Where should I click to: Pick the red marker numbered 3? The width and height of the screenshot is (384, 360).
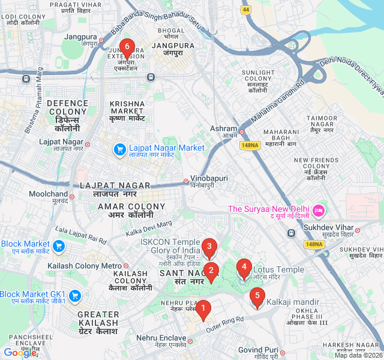[209, 247]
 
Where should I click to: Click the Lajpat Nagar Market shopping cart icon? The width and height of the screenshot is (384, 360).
[119, 148]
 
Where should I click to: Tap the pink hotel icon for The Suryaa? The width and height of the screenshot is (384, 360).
[319, 210]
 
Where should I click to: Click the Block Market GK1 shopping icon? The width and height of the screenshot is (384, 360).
[75, 295]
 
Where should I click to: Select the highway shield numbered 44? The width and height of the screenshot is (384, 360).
[247, 10]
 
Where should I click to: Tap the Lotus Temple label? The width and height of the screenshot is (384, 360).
[278, 270]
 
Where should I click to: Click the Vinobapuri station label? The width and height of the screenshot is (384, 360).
[209, 179]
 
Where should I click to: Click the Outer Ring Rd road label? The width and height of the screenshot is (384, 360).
[225, 324]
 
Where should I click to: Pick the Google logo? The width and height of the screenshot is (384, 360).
[20, 353]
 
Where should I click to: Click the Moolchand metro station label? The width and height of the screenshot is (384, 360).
[49, 194]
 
